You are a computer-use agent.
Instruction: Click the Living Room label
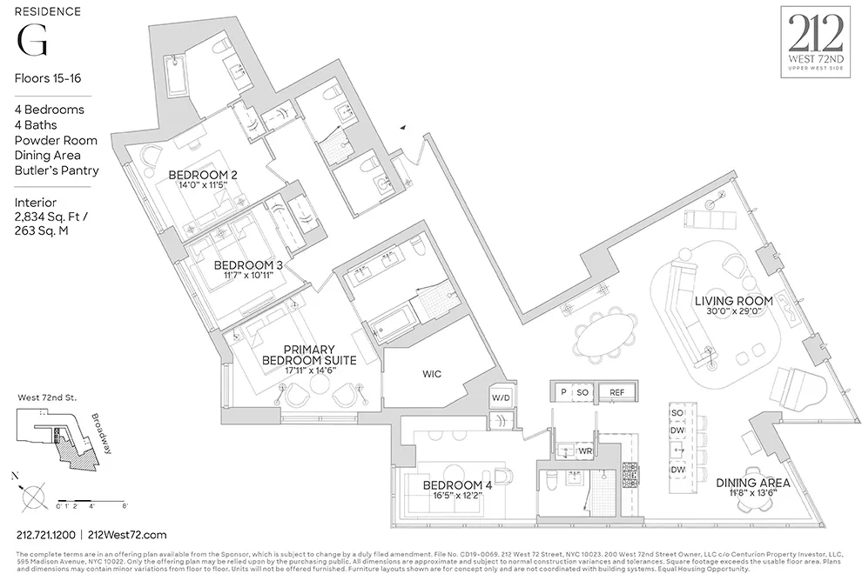[728, 302]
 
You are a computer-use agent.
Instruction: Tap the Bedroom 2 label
[203, 175]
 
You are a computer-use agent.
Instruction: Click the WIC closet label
[432, 374]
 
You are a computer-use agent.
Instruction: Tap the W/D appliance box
[501, 397]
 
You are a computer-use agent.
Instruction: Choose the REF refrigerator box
[616, 393]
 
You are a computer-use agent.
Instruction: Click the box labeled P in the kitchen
[562, 393]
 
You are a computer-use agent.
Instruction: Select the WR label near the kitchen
[586, 451]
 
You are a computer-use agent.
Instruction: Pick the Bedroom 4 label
[457, 485]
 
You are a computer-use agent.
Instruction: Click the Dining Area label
[752, 483]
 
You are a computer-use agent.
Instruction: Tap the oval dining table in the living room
[607, 334]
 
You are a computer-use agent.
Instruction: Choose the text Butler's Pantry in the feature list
[57, 170]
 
